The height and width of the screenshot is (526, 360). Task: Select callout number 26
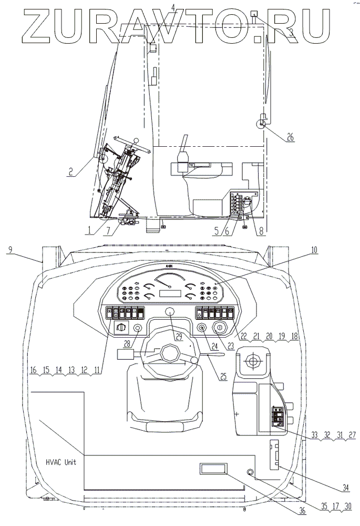coord(290,137)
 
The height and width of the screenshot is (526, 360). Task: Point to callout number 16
coord(33,370)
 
